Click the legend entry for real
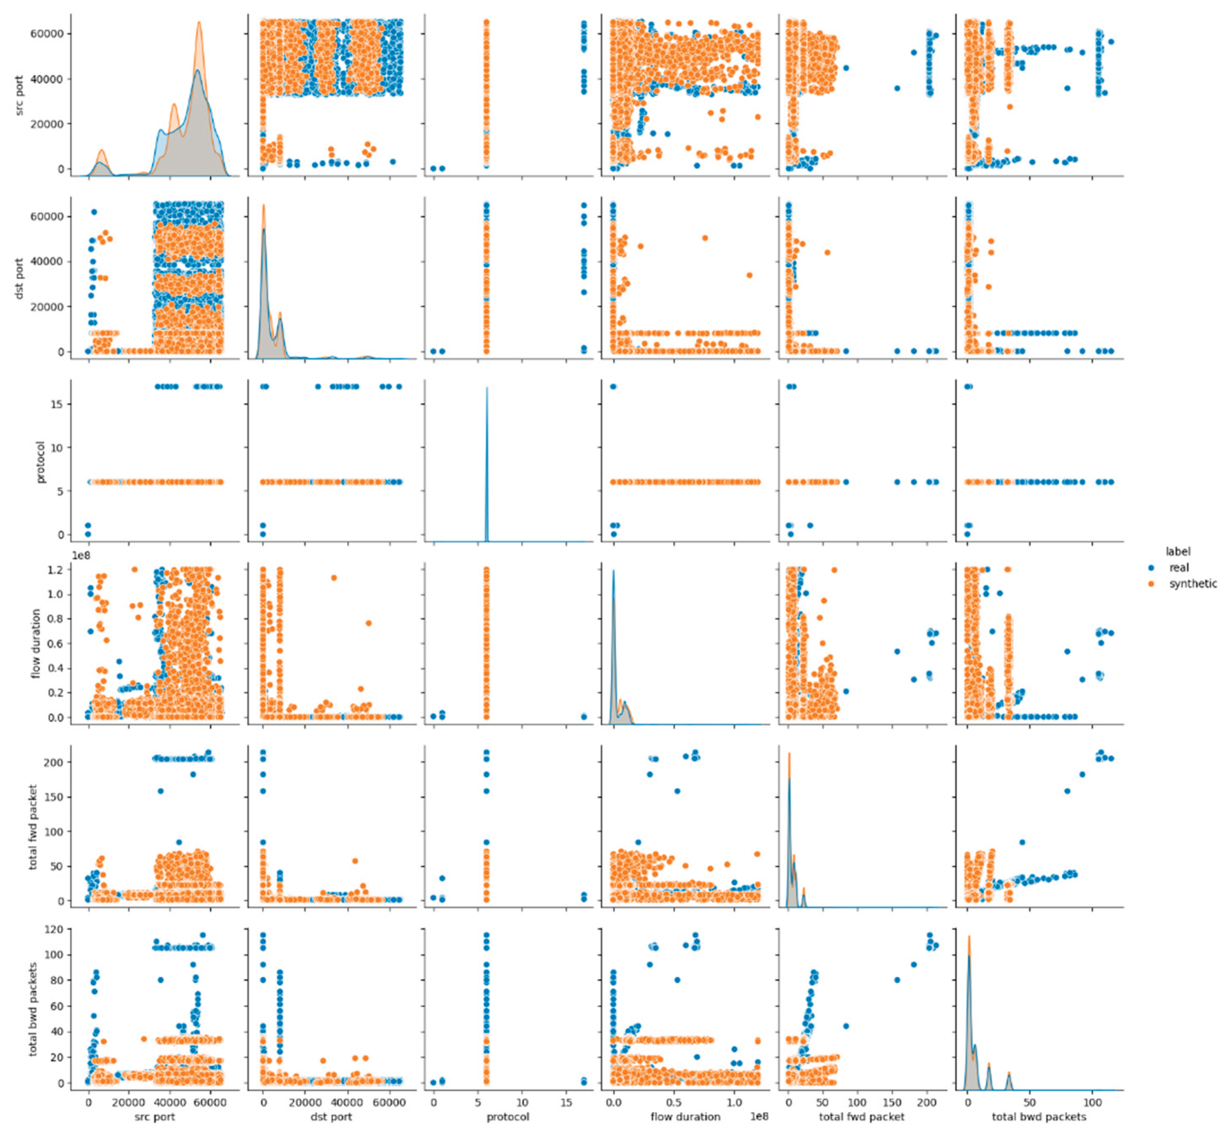(1178, 568)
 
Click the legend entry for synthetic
(1192, 584)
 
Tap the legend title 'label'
(1177, 552)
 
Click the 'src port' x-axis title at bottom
(155, 1116)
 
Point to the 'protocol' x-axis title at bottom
(508, 1116)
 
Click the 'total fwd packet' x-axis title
(861, 1116)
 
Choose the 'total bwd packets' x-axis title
(1039, 1116)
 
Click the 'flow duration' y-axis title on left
(36, 643)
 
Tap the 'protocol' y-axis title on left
(40, 462)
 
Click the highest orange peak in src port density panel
(199, 23)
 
